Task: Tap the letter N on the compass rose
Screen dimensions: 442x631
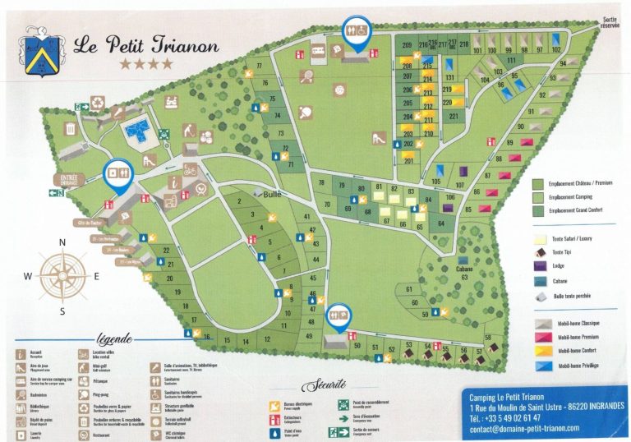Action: [x=62, y=242]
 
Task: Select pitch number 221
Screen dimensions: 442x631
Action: [x=453, y=117]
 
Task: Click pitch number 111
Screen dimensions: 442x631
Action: [x=511, y=61]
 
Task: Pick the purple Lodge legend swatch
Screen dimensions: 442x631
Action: [x=540, y=266]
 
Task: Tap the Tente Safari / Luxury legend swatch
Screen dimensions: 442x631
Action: [x=540, y=237]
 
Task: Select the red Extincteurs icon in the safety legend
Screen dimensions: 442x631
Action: [x=272, y=417]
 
